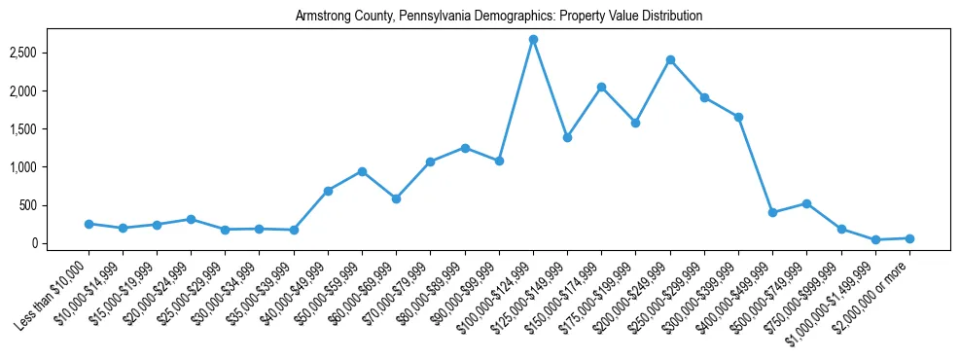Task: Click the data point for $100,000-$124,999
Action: click(533, 39)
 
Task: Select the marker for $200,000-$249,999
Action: click(670, 59)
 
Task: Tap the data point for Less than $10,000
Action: click(89, 224)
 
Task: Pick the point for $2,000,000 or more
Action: click(909, 238)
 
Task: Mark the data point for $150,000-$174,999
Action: click(601, 87)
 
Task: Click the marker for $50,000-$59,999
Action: click(362, 171)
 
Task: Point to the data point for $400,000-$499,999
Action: click(772, 212)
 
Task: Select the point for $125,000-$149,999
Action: click(567, 137)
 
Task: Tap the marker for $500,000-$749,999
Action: click(806, 203)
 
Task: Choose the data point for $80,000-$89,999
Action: click(465, 148)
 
